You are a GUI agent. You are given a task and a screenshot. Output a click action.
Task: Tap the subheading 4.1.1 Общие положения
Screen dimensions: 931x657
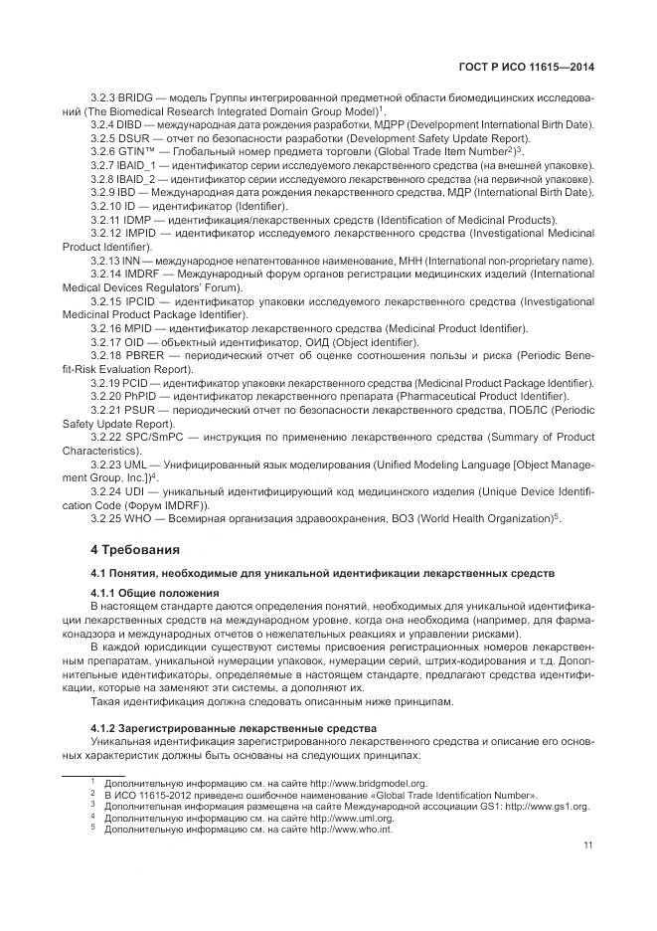[x=149, y=593]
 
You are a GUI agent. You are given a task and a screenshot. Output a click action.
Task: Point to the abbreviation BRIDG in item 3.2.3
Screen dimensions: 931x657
[x=136, y=97]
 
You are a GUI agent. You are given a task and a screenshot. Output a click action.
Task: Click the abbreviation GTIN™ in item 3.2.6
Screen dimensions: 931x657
[x=137, y=150]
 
